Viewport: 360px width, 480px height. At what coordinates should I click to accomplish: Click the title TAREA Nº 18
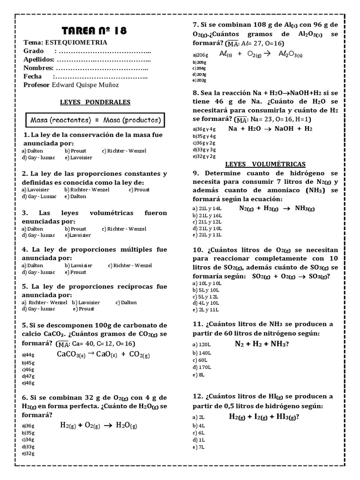[94, 31]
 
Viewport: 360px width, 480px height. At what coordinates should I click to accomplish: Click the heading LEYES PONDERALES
[95, 102]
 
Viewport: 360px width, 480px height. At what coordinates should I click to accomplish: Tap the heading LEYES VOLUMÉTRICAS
[265, 164]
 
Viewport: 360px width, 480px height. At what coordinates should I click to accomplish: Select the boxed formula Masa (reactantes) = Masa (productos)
[96, 120]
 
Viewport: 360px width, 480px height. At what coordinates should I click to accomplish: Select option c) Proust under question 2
[137, 189]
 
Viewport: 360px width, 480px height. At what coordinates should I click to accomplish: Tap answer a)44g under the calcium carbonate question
[28, 355]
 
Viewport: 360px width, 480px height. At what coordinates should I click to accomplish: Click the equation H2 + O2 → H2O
[98, 425]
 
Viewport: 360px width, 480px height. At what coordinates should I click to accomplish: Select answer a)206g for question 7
[200, 54]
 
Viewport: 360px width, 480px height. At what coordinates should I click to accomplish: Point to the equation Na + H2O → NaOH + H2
[270, 128]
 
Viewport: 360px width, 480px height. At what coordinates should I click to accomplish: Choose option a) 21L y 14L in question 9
[207, 208]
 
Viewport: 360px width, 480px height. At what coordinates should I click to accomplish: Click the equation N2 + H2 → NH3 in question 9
[277, 208]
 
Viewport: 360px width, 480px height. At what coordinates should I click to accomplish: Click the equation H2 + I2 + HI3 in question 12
[264, 417]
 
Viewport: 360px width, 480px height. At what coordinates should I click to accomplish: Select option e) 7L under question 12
[199, 447]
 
